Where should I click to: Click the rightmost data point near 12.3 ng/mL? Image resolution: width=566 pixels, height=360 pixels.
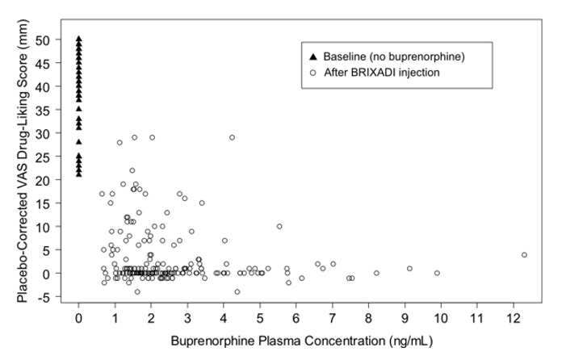pyautogui.click(x=524, y=255)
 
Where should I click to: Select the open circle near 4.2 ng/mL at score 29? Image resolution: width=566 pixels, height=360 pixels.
pyautogui.click(x=232, y=137)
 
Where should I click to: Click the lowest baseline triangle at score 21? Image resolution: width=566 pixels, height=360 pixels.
pyautogui.click(x=78, y=174)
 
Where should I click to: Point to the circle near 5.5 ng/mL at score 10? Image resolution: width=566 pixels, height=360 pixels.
pyautogui.click(x=279, y=227)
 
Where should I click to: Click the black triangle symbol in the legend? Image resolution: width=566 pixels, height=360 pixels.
pyautogui.click(x=312, y=57)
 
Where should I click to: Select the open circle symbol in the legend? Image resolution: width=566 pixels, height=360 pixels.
pyautogui.click(x=312, y=72)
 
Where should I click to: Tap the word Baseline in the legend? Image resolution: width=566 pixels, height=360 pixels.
pyautogui.click(x=346, y=57)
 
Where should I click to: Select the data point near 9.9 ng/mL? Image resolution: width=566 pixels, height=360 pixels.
pyautogui.click(x=437, y=274)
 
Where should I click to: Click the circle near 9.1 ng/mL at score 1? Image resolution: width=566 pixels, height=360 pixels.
pyautogui.click(x=409, y=269)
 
